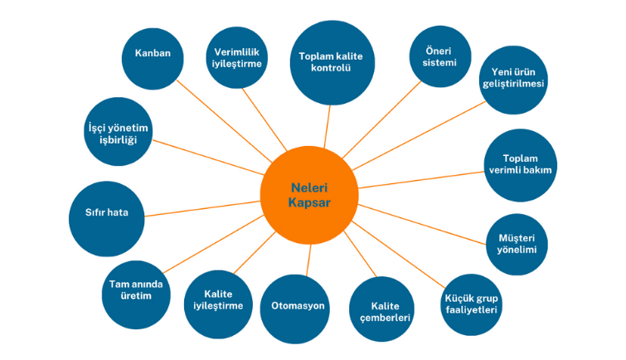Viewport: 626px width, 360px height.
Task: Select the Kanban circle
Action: pyautogui.click(x=153, y=55)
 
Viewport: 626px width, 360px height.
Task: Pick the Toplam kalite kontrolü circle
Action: pyautogui.click(x=332, y=62)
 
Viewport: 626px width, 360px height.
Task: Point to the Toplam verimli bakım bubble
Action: pyautogui.click(x=520, y=164)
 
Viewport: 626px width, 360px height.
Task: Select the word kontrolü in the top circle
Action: pyautogui.click(x=332, y=69)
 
